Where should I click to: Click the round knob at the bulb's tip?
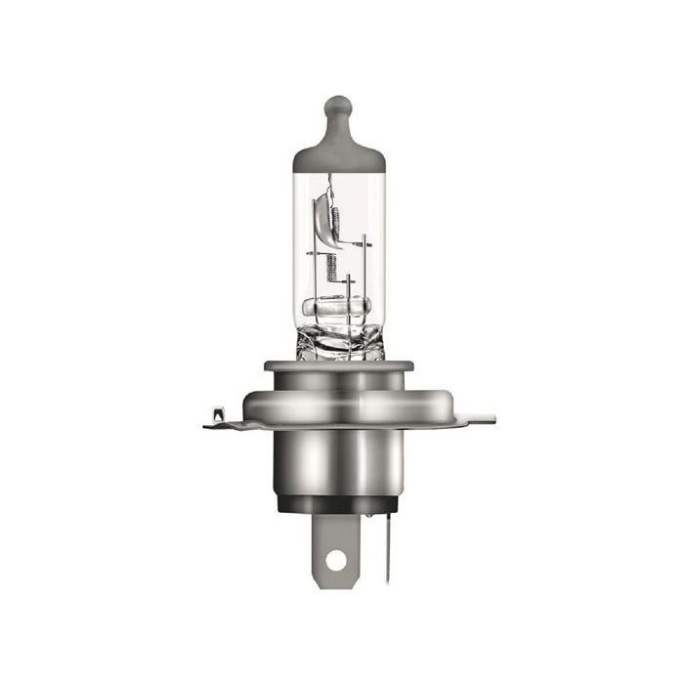coord(337,106)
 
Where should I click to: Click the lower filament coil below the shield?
coord(329,262)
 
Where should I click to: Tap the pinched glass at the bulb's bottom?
coord(337,342)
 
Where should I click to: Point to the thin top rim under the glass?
coord(338,366)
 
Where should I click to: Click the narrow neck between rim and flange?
coord(338,378)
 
